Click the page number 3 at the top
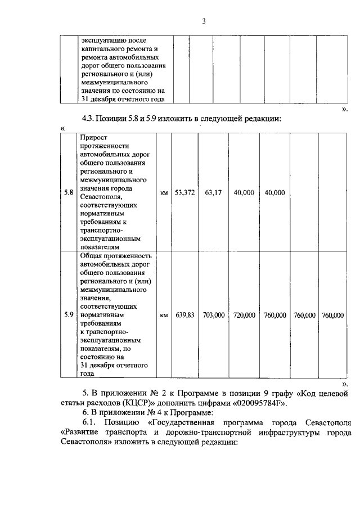click(x=205, y=21)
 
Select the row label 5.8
click(x=69, y=192)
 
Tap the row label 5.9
click(x=69, y=315)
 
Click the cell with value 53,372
click(x=184, y=192)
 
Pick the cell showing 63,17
click(x=214, y=192)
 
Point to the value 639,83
click(x=184, y=315)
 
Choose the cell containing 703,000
click(x=214, y=315)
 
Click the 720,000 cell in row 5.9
click(x=244, y=315)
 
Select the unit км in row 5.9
click(x=164, y=316)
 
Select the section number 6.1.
click(x=91, y=422)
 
